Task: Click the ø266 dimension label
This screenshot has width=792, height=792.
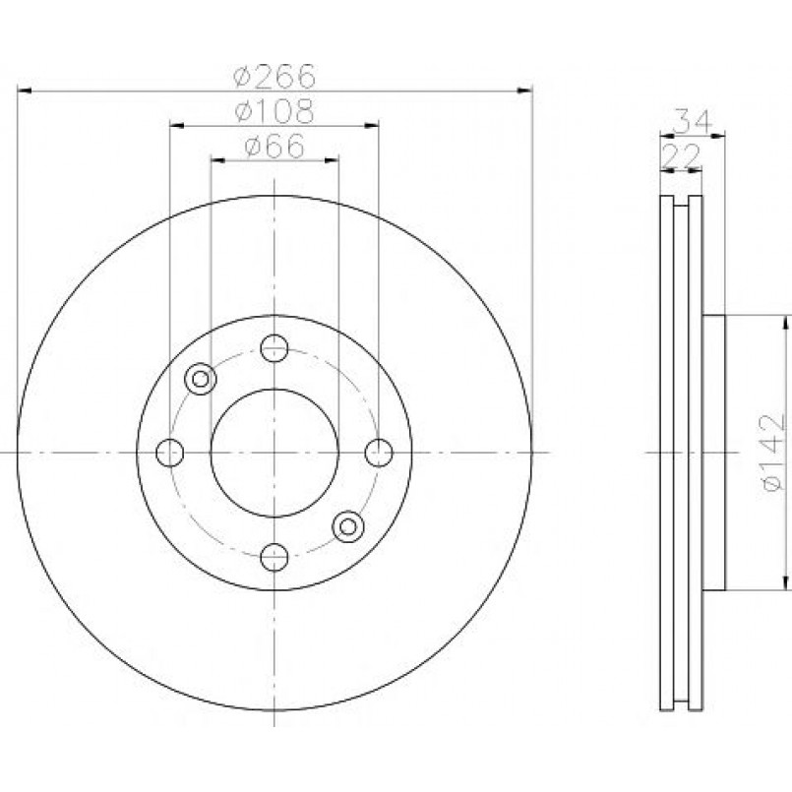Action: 274,76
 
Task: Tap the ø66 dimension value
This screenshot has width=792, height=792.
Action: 274,146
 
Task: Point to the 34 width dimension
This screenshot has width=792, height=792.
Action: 694,121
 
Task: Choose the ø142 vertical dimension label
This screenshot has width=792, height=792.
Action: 772,453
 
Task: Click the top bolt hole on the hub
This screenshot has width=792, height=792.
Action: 274,348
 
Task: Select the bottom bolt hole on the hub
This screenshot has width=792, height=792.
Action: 274,557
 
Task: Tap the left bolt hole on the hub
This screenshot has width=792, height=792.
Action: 169,453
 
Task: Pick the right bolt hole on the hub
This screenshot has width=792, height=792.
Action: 379,453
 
